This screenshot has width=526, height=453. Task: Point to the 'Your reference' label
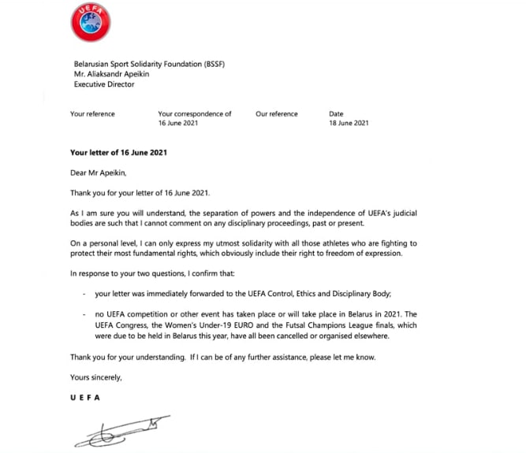point(92,114)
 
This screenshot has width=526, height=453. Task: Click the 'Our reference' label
point(277,114)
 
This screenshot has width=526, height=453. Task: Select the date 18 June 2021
point(349,124)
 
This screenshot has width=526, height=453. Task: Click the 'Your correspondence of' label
point(195,114)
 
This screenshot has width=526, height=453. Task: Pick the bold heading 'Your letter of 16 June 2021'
point(118,152)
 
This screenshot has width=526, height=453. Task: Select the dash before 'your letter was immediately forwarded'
point(85,295)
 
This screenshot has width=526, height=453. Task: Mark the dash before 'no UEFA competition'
point(85,315)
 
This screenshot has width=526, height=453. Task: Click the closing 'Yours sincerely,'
point(96,377)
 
